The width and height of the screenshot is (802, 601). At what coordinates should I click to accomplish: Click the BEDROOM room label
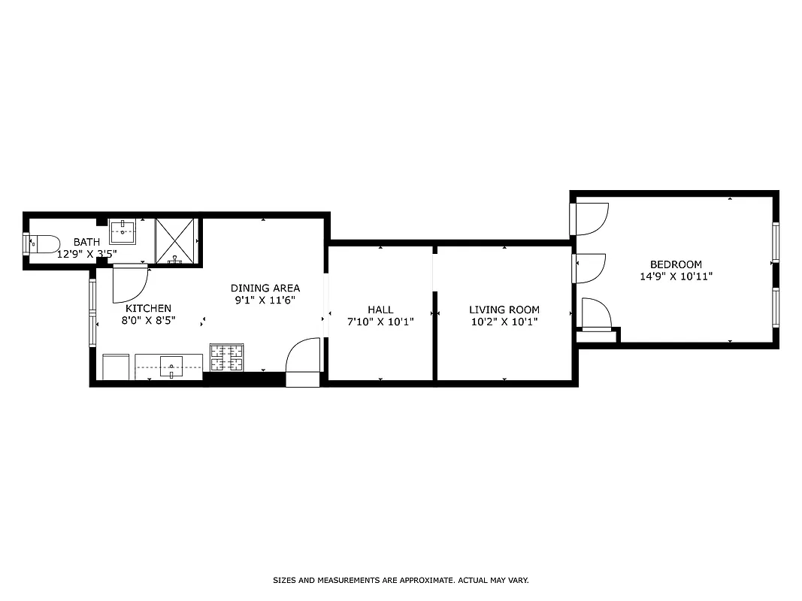click(x=676, y=264)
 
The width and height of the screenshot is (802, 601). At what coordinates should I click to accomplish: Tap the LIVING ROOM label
click(x=504, y=310)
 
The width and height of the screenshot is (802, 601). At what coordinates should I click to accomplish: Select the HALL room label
click(x=380, y=310)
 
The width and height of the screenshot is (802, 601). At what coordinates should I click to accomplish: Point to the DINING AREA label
click(x=265, y=288)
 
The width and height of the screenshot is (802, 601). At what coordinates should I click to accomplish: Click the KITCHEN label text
click(x=148, y=308)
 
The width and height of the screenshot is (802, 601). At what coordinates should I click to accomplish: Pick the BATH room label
click(x=86, y=242)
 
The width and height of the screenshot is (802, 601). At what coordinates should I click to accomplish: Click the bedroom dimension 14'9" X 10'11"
click(x=676, y=276)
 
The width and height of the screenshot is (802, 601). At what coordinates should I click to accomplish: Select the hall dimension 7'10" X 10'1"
click(x=380, y=322)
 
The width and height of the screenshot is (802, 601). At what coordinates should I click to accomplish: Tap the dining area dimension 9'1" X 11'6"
click(x=265, y=300)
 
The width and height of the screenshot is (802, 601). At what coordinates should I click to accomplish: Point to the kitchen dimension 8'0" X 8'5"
click(x=148, y=320)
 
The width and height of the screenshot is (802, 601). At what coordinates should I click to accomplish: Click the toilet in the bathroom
click(x=44, y=243)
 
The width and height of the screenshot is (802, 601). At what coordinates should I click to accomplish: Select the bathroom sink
click(x=123, y=231)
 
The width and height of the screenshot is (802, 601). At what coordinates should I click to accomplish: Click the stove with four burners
click(x=226, y=357)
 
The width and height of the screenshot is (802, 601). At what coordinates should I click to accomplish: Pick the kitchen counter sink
click(x=171, y=368)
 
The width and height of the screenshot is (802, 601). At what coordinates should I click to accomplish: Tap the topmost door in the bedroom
click(x=591, y=219)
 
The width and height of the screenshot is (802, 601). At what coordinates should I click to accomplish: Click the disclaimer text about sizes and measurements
click(x=401, y=580)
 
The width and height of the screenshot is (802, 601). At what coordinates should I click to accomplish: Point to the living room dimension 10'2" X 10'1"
click(x=504, y=322)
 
